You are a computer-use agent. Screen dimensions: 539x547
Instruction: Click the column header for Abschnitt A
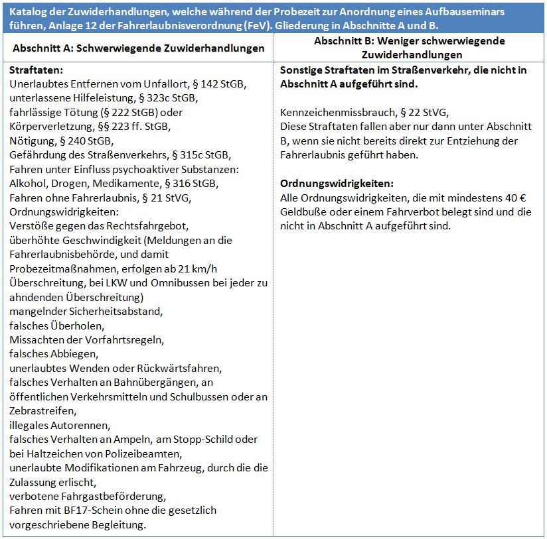click(138, 48)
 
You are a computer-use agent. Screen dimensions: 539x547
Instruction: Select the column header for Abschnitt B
click(409, 48)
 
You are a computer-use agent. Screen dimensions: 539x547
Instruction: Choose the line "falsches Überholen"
click(57, 326)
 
